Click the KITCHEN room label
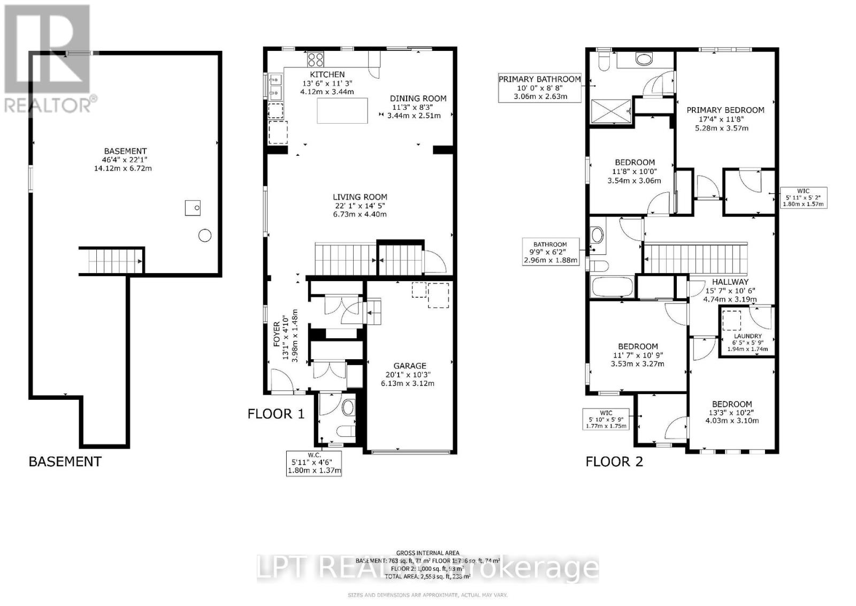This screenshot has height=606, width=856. (x=327, y=74)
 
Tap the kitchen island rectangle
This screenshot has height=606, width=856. (x=342, y=110)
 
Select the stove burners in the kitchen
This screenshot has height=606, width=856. (x=316, y=59)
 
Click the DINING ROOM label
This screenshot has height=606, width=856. (x=418, y=99)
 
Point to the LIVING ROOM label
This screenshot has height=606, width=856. (x=360, y=197)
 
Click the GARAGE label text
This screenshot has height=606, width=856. (x=410, y=366)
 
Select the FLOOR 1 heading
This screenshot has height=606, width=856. (x=276, y=414)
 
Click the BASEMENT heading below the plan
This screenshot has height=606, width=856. (x=65, y=461)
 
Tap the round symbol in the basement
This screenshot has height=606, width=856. (x=205, y=235)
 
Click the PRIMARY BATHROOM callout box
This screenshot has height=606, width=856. (x=539, y=88)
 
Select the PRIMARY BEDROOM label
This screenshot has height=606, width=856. (x=725, y=110)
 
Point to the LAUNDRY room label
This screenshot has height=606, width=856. (x=747, y=336)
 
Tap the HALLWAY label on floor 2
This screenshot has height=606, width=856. (x=730, y=282)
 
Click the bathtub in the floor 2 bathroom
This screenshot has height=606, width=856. (x=612, y=287)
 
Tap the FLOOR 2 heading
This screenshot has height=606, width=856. (x=614, y=461)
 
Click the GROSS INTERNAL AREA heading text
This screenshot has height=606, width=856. (x=427, y=553)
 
